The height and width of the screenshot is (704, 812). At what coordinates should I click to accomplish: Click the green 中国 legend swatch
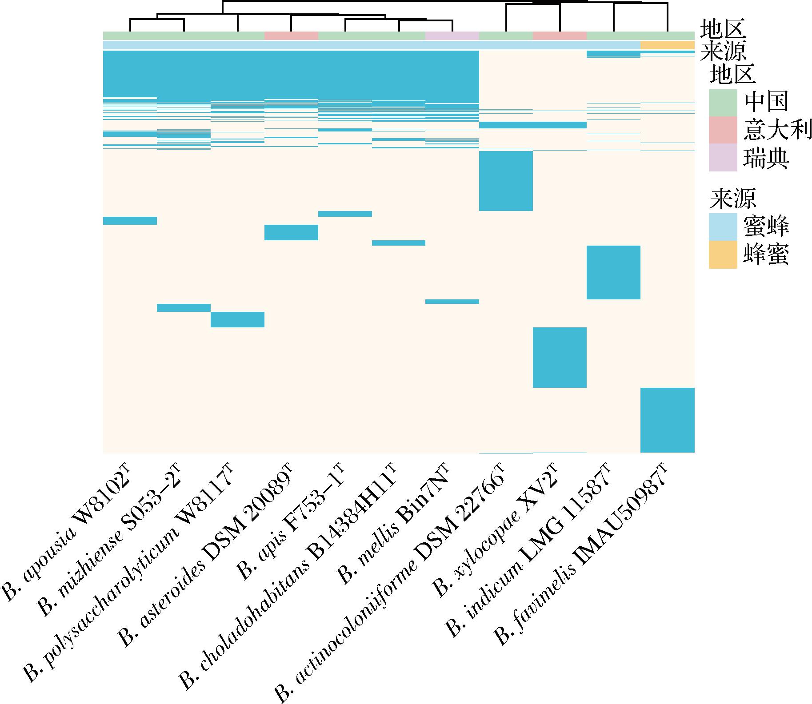pyautogui.click(x=723, y=103)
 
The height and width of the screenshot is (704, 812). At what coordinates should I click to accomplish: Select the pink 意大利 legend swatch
pyautogui.click(x=723, y=130)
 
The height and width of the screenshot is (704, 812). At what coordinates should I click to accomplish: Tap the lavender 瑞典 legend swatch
pyautogui.click(x=723, y=157)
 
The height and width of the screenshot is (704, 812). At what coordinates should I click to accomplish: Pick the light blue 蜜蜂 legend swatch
pyautogui.click(x=723, y=227)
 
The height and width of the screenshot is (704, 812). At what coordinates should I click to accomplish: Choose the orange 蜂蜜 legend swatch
pyautogui.click(x=723, y=255)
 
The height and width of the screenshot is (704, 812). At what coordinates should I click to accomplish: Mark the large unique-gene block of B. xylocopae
pyautogui.click(x=560, y=358)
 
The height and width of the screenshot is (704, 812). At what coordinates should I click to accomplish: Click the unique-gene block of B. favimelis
pyautogui.click(x=667, y=420)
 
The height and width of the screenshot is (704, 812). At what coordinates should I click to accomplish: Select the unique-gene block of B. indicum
pyautogui.click(x=613, y=272)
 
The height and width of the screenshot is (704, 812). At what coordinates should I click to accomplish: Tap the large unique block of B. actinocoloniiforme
pyautogui.click(x=506, y=181)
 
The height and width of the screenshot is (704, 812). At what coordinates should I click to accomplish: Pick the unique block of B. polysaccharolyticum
pyautogui.click(x=237, y=319)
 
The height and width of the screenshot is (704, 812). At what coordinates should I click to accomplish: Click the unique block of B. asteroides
pyautogui.click(x=291, y=232)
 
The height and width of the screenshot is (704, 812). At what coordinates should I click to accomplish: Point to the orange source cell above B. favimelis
pyautogui.click(x=667, y=45)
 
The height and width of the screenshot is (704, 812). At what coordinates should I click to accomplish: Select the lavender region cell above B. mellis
pyautogui.click(x=452, y=36)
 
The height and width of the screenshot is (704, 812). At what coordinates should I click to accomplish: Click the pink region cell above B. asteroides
pyautogui.click(x=291, y=36)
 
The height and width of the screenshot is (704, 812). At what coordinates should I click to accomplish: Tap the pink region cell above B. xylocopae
pyautogui.click(x=560, y=36)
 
